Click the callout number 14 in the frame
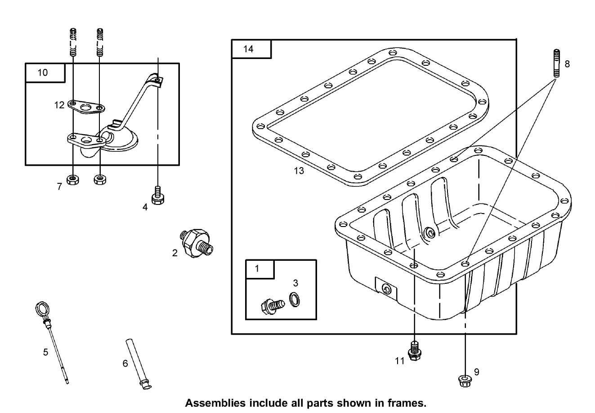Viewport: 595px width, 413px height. pos(249,49)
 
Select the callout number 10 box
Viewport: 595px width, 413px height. pos(42,73)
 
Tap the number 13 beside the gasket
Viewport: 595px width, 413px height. pos(299,170)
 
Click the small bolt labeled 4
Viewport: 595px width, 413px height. pos(157,195)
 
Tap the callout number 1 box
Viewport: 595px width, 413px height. pos(257,269)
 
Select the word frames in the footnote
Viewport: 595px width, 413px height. pos(407,403)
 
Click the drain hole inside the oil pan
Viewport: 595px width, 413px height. pos(430,233)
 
